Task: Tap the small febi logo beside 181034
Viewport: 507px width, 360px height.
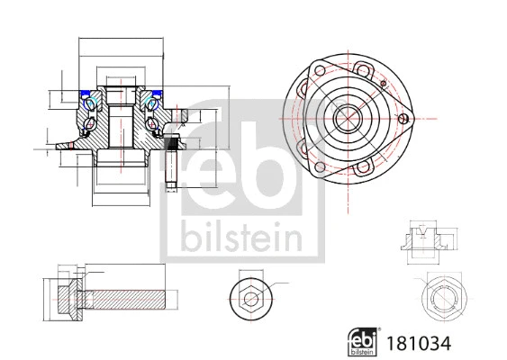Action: (365, 342)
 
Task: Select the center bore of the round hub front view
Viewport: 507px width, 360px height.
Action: (346, 118)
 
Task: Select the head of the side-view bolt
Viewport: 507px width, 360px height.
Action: (59, 296)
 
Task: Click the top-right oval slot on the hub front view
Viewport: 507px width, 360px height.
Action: (364, 67)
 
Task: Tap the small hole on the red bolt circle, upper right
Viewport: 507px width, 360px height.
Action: (382, 85)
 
